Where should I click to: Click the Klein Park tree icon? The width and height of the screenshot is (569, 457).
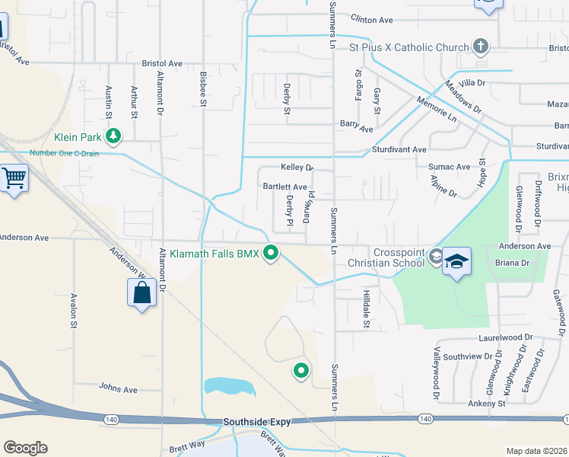[x=113, y=137]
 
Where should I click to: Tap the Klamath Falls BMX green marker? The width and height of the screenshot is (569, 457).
[x=270, y=254]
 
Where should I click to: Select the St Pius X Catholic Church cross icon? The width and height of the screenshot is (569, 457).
[x=479, y=47]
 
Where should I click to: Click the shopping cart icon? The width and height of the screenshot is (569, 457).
[x=14, y=180]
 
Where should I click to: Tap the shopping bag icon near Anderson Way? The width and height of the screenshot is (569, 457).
[x=142, y=292]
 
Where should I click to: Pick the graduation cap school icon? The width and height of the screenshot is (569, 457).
[x=456, y=261]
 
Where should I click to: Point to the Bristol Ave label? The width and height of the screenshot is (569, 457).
[x=162, y=64]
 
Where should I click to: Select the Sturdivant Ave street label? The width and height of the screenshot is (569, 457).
[x=399, y=150]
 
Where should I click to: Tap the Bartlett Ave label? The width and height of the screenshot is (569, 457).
[x=285, y=187]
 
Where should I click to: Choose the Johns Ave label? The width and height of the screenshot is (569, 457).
[x=118, y=388]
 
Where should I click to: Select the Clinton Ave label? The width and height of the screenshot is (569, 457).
[x=371, y=20]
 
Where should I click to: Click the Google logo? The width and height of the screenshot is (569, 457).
[x=25, y=448]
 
